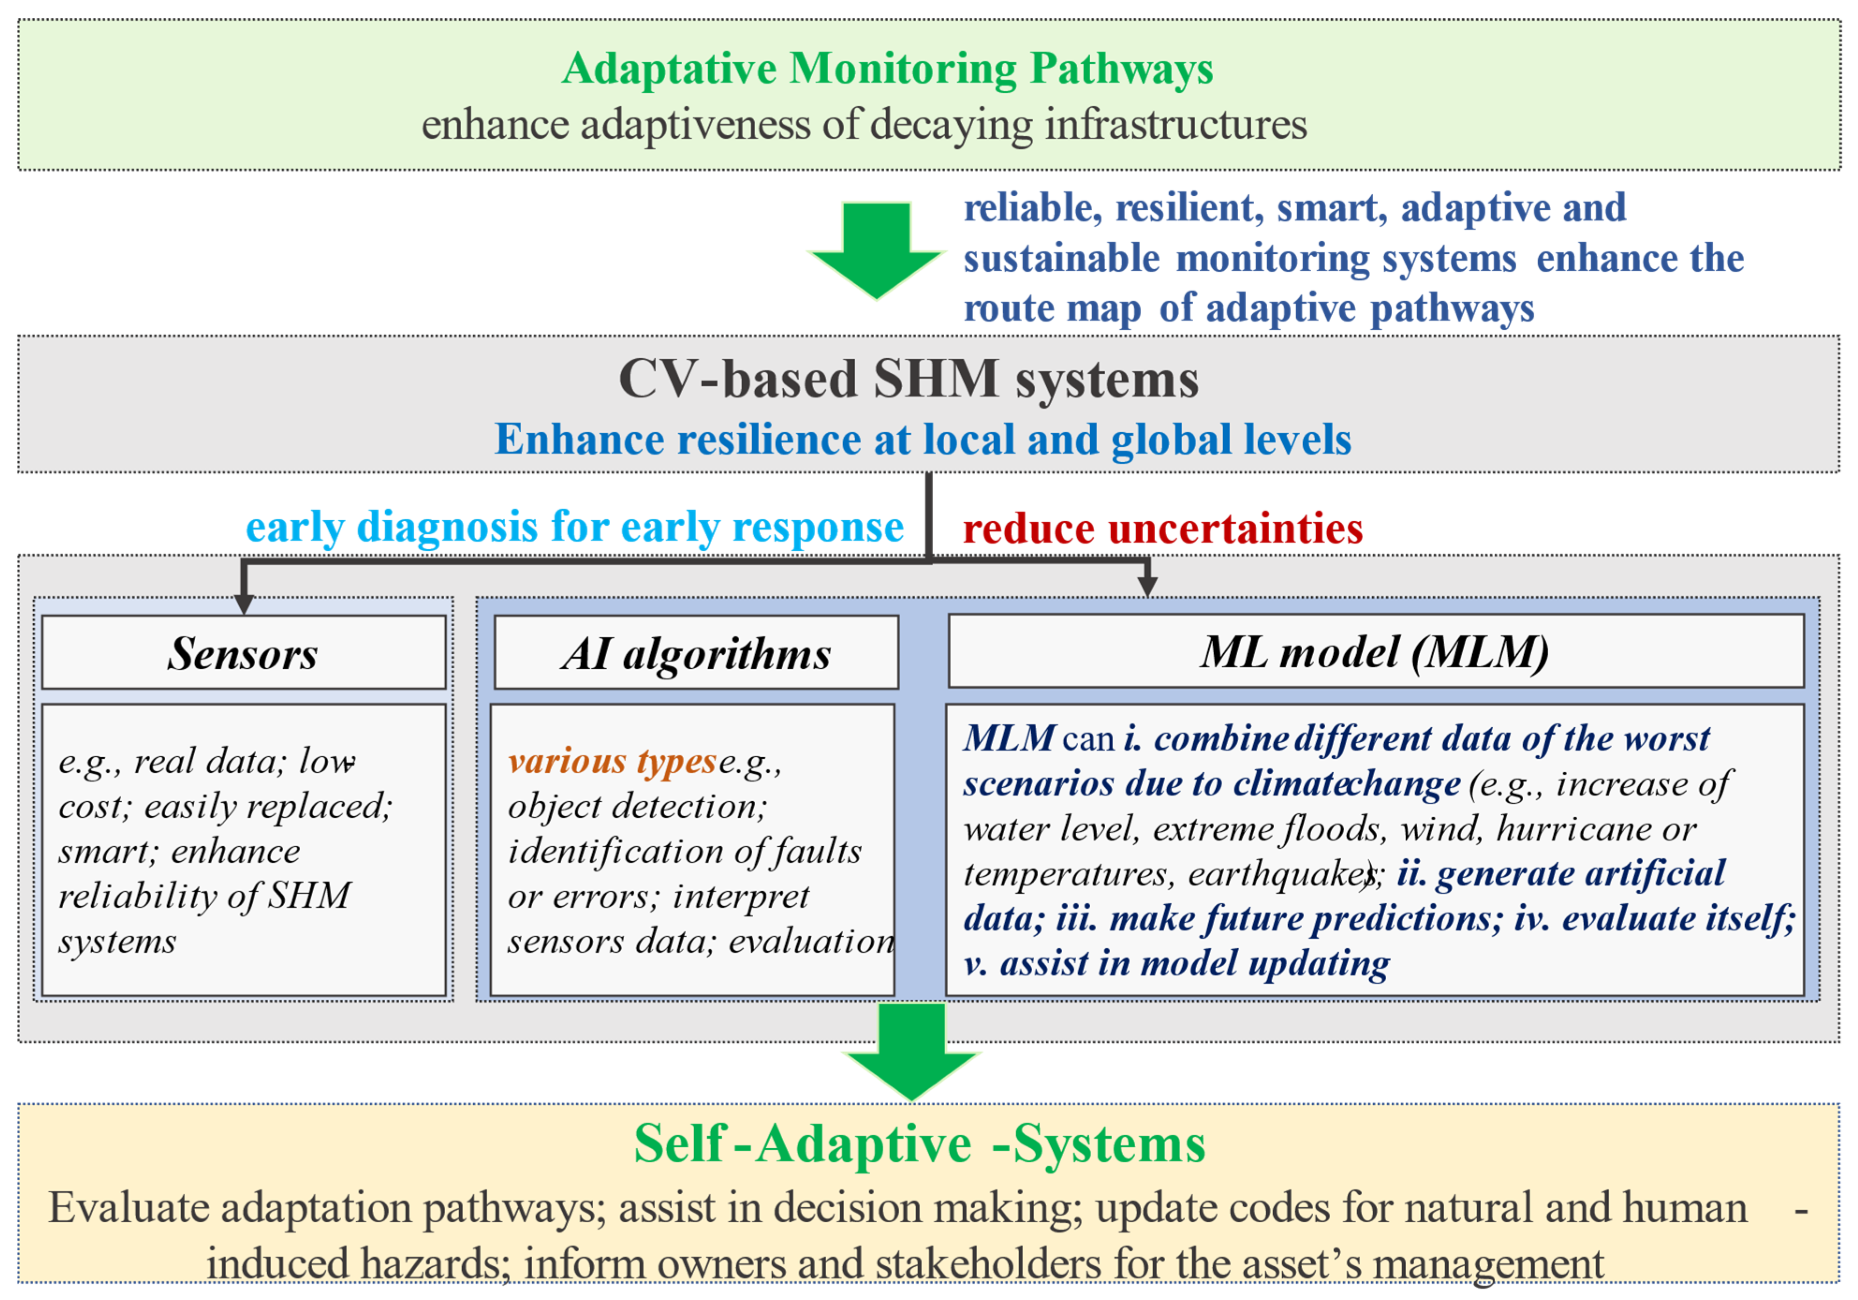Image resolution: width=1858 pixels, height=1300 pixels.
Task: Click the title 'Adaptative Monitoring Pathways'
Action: [x=887, y=69]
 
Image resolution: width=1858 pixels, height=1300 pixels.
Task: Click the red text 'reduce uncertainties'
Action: [x=1162, y=529]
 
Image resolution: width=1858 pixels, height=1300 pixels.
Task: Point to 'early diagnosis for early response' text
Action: [x=574, y=527]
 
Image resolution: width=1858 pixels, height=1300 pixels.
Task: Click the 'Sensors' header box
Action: [x=243, y=652]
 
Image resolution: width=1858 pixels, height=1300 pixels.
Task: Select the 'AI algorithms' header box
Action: [x=696, y=652]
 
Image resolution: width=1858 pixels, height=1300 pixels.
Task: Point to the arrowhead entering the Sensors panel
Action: [x=243, y=604]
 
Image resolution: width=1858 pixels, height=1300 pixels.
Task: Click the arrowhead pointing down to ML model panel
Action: [x=1147, y=586]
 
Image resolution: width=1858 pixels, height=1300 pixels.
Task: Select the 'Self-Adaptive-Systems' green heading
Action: [x=919, y=1145]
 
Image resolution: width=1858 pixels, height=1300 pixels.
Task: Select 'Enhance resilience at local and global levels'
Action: [x=923, y=440]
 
